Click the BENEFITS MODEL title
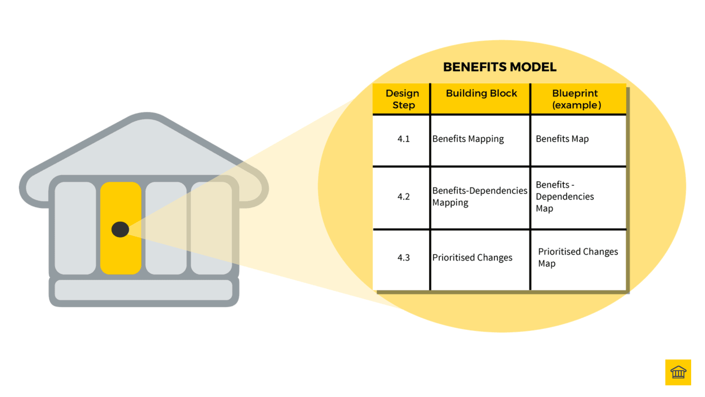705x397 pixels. pos(499,67)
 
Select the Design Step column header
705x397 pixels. pos(402,99)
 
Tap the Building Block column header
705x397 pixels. pos(481,93)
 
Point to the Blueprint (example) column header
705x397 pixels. pos(576,99)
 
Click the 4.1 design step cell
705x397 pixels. pos(403,139)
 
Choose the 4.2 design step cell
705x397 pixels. pos(403,197)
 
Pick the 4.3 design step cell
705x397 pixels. pos(403,258)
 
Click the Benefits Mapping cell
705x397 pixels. pos(468,139)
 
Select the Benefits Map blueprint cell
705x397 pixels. pos(562,139)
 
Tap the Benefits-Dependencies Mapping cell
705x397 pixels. pos(479,196)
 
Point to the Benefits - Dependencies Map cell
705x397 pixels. pos(565,196)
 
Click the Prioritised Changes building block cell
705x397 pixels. pos(472,258)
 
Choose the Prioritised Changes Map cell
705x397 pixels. pos(578,257)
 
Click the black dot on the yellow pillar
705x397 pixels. pos(120,229)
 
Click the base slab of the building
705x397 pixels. pos(144,290)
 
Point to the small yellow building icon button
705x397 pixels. pos(678,372)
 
